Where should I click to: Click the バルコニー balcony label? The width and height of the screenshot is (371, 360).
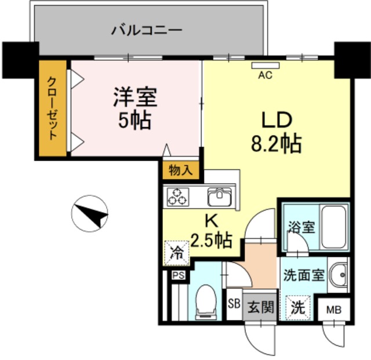[x=147, y=29]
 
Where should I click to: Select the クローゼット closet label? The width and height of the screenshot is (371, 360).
[x=53, y=108]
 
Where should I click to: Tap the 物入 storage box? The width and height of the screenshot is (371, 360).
[x=181, y=170]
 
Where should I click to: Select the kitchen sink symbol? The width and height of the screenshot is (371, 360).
[x=219, y=197]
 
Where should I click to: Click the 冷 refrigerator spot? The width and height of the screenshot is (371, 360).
[x=176, y=253]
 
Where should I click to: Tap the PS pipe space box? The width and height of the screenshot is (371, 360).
[x=177, y=276]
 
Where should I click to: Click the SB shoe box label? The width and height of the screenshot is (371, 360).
[x=234, y=304]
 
